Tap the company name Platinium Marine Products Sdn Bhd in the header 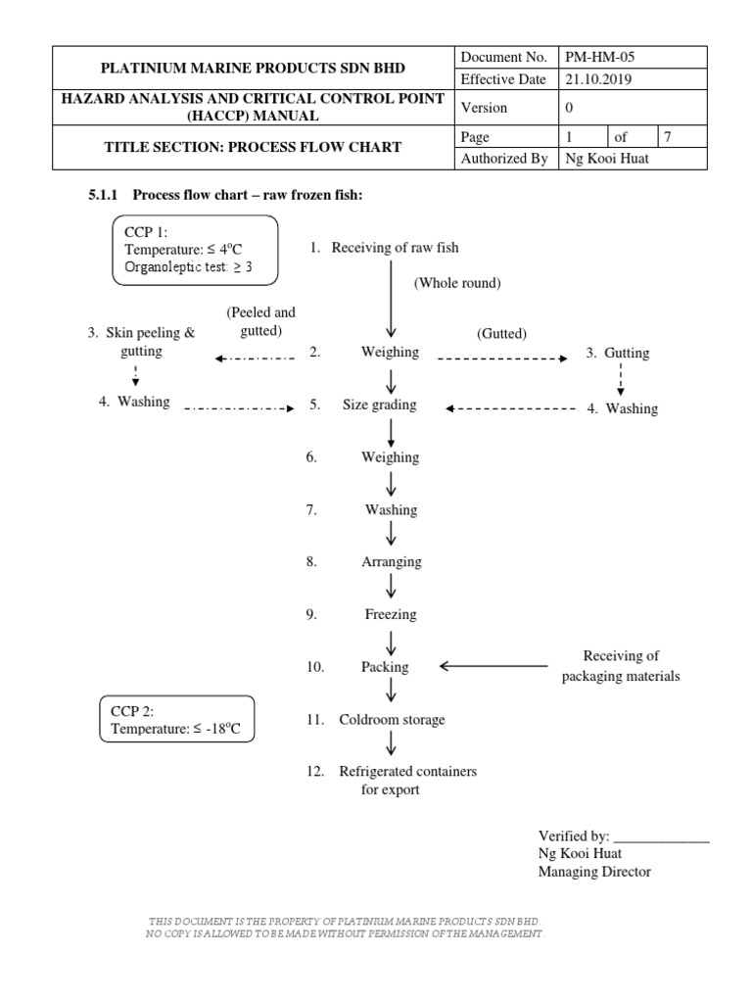pyautogui.click(x=253, y=69)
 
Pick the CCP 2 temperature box pyautogui.click(x=177, y=718)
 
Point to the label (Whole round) pyautogui.click(x=456, y=283)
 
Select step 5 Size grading pyautogui.click(x=379, y=405)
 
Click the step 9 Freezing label pyautogui.click(x=391, y=614)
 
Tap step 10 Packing pyautogui.click(x=385, y=667)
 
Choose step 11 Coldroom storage pyautogui.click(x=392, y=720)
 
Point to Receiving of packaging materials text pyautogui.click(x=621, y=666)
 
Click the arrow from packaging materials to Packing pyautogui.click(x=493, y=666)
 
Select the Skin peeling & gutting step pyautogui.click(x=142, y=342)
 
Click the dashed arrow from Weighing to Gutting pyautogui.click(x=501, y=359)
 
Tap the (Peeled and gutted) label pyautogui.click(x=260, y=322)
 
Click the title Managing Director pyautogui.click(x=594, y=872)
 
